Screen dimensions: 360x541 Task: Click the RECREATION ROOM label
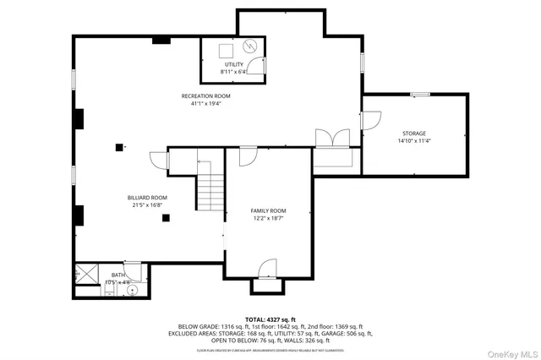coord(205,96)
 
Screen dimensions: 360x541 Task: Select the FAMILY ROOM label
coord(268,210)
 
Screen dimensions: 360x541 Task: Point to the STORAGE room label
coord(413,134)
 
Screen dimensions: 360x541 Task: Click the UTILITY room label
coord(233,65)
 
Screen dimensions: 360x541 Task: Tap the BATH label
coord(117,275)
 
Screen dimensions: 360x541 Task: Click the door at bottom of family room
coord(265,270)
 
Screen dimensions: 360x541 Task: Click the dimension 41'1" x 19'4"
coord(205,104)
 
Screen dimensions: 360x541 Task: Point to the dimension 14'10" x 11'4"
coord(413,141)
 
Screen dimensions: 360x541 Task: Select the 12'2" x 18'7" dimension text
coord(268,218)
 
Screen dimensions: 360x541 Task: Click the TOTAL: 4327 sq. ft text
coord(270,319)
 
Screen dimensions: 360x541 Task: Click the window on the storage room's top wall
coord(420,94)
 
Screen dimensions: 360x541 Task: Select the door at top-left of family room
coord(248,155)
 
